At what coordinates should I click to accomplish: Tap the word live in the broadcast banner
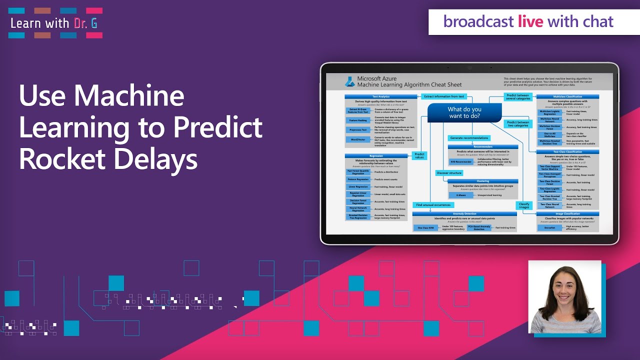click(x=531, y=21)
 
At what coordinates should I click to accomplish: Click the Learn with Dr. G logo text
click(x=54, y=23)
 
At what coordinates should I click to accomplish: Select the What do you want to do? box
click(x=464, y=112)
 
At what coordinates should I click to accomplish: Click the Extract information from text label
click(x=443, y=96)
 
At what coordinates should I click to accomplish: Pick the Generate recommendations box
click(x=468, y=138)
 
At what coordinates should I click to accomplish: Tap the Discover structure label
click(x=449, y=173)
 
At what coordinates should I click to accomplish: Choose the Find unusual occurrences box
click(x=433, y=204)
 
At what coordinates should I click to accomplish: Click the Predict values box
click(x=419, y=155)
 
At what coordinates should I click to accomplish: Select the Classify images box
click(x=523, y=205)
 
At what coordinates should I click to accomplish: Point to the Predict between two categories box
click(x=517, y=123)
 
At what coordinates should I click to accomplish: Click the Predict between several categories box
click(x=517, y=96)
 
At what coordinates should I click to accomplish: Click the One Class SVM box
click(x=426, y=227)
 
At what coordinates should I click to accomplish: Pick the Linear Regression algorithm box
click(x=358, y=186)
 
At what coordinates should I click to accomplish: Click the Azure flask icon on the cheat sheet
click(x=349, y=81)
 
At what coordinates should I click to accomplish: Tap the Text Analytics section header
click(x=381, y=96)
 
